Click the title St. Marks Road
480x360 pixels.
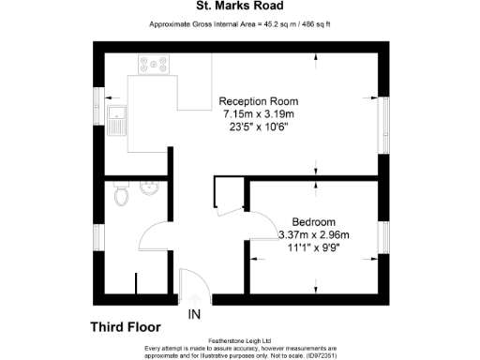(239, 7)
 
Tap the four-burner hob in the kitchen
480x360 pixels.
(154, 65)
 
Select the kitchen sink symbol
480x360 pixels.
(117, 121)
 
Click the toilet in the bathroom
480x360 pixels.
(119, 195)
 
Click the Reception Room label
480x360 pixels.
(258, 101)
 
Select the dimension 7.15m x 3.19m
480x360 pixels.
(258, 113)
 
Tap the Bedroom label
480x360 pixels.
(314, 222)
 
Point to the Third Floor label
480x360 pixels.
(125, 327)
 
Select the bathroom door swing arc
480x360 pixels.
(155, 236)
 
